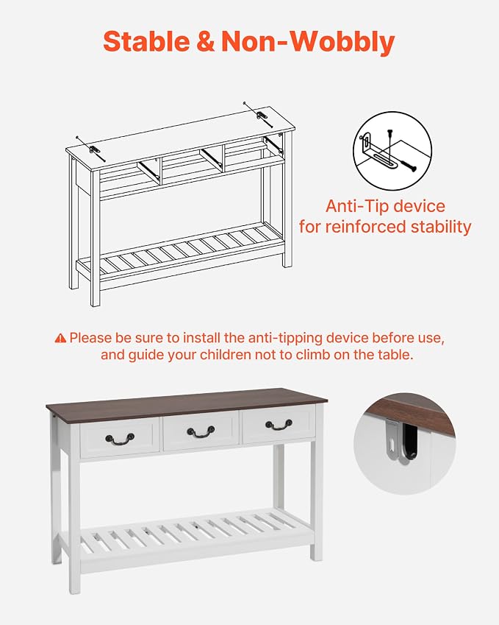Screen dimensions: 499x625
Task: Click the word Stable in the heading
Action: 146,41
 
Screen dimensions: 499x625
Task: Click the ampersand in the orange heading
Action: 205,41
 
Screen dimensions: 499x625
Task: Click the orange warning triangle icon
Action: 60,338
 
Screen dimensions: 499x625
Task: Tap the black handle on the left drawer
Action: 120,439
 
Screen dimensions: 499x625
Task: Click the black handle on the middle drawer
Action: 201,431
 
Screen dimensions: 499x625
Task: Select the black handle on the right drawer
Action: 279,425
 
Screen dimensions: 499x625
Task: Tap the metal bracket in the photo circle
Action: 392,439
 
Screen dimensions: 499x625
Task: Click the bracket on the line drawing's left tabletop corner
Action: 95,150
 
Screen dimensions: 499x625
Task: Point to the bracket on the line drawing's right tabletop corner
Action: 262,116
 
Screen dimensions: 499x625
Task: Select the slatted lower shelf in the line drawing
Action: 180,250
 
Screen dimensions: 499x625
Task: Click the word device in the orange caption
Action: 420,206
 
